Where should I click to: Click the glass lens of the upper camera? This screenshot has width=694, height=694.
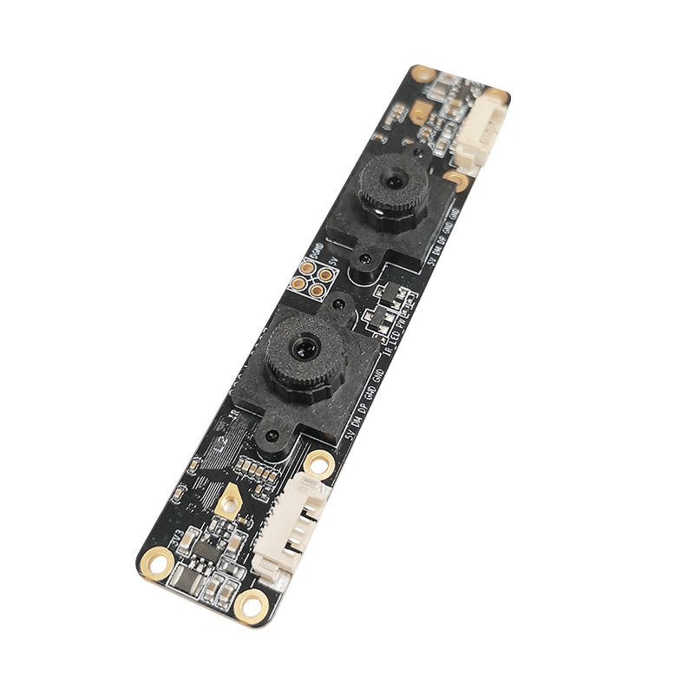(395, 183)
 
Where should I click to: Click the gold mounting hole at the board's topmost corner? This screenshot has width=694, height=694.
(422, 74)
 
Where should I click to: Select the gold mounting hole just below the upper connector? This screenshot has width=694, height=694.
(457, 181)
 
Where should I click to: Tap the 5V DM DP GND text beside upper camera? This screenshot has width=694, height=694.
(442, 233)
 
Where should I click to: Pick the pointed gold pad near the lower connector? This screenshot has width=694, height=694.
(231, 501)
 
